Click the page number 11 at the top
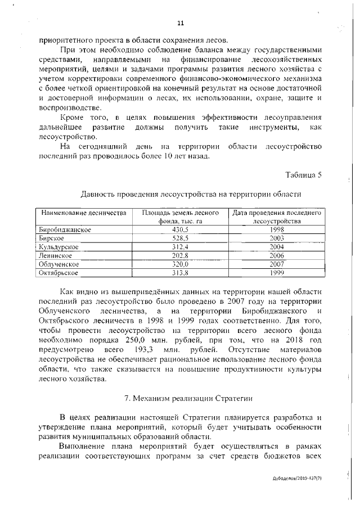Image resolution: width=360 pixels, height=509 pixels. pyautogui.click(x=180, y=23)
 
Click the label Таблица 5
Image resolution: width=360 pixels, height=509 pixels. pyautogui.click(x=304, y=174)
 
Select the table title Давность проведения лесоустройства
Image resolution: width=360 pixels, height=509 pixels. pyautogui.click(x=191, y=194)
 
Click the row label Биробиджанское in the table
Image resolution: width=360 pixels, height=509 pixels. pyautogui.click(x=65, y=229)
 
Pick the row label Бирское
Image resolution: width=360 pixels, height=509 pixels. pyautogui.click(x=51, y=238)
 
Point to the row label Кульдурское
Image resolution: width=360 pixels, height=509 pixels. pyautogui.click(x=58, y=247)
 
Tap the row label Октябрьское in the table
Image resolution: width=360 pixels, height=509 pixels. pyautogui.click(x=58, y=272)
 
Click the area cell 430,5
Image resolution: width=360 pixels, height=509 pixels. pyautogui.click(x=180, y=229)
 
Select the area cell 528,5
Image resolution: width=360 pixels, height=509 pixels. pyautogui.click(x=180, y=238)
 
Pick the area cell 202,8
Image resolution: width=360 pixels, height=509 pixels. pyautogui.click(x=180, y=255)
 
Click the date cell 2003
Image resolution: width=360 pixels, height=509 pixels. pyautogui.click(x=277, y=238)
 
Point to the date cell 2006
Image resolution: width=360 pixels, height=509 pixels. pyautogui.click(x=277, y=255)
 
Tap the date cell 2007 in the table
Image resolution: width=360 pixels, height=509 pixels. pyautogui.click(x=277, y=264)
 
